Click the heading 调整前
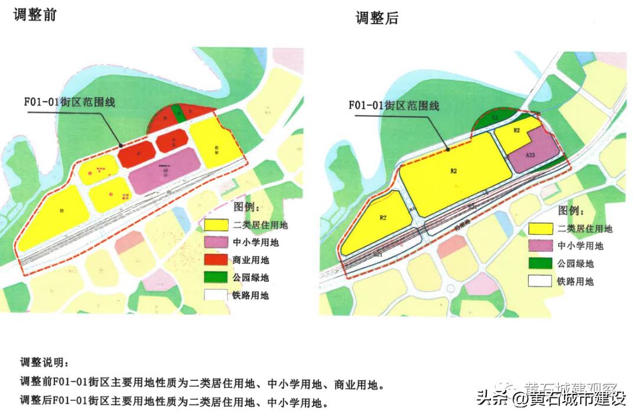tap(35, 14)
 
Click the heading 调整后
tap(377, 18)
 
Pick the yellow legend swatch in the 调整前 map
tap(216, 225)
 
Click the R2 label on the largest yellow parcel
tap(454, 171)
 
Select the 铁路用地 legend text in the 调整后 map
tap(575, 282)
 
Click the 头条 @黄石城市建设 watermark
tap(551, 399)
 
